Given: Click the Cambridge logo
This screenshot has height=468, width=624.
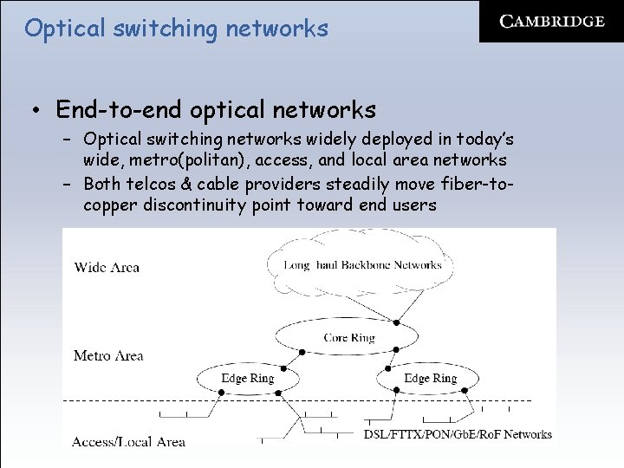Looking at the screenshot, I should coord(551,22).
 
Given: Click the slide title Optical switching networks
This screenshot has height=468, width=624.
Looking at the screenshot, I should coord(176,29).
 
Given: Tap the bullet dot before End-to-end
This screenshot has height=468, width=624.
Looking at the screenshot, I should coord(36,111).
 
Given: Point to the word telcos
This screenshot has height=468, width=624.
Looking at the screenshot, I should coord(155,184).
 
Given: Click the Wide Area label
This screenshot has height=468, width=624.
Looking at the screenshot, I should coord(107,267).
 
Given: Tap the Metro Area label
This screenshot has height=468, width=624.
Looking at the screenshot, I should coord(108,355).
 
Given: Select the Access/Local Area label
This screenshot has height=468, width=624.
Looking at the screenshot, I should coord(128,441).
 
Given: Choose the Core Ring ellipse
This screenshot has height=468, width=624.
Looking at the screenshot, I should coord(348,337).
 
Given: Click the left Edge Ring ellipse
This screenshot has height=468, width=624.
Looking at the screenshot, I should coord(247,378).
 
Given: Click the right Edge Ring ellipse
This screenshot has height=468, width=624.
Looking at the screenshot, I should coord(430,378).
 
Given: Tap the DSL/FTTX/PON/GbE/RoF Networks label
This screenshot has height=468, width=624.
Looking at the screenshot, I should coord(458,434).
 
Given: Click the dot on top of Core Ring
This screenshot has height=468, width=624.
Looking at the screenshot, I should coord(396,322).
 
